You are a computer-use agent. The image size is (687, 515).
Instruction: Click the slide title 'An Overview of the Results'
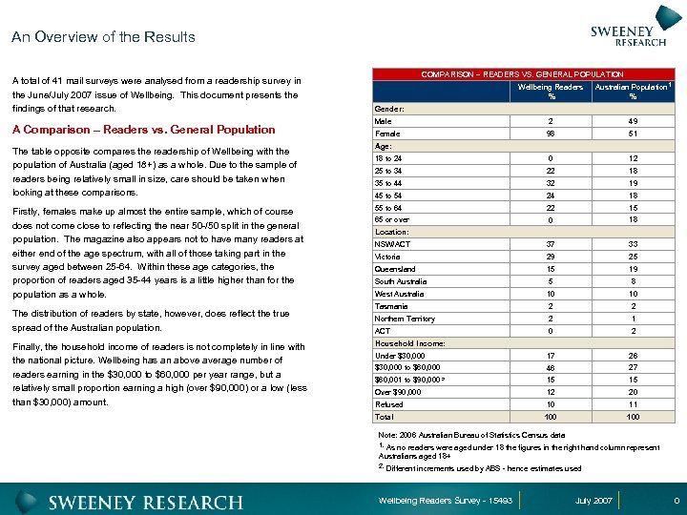[103, 37]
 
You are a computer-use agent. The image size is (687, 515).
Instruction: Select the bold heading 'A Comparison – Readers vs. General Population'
[143, 130]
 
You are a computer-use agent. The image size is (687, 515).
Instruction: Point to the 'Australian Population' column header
[633, 92]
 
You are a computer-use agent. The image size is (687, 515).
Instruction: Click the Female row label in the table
[386, 134]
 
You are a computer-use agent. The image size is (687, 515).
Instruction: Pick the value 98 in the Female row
[551, 134]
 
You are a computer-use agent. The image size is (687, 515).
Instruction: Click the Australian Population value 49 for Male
[633, 121]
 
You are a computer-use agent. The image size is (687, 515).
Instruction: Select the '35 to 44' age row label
[392, 183]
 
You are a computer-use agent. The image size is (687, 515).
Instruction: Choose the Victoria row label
[387, 257]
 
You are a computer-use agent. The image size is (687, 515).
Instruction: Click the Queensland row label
[394, 269]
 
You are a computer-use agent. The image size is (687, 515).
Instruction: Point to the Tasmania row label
[391, 306]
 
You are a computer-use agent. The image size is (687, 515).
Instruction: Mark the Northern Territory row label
[405, 319]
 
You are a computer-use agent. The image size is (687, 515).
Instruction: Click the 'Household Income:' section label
[410, 343]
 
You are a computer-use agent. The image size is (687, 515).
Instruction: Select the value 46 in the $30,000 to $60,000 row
[551, 368]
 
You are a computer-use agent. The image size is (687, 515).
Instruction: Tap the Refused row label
[389, 404]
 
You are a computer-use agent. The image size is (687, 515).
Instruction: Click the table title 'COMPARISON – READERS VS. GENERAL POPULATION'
[522, 74]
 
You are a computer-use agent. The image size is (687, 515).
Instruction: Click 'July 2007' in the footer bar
[594, 501]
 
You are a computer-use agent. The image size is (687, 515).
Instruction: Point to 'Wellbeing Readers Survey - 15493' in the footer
[446, 501]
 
